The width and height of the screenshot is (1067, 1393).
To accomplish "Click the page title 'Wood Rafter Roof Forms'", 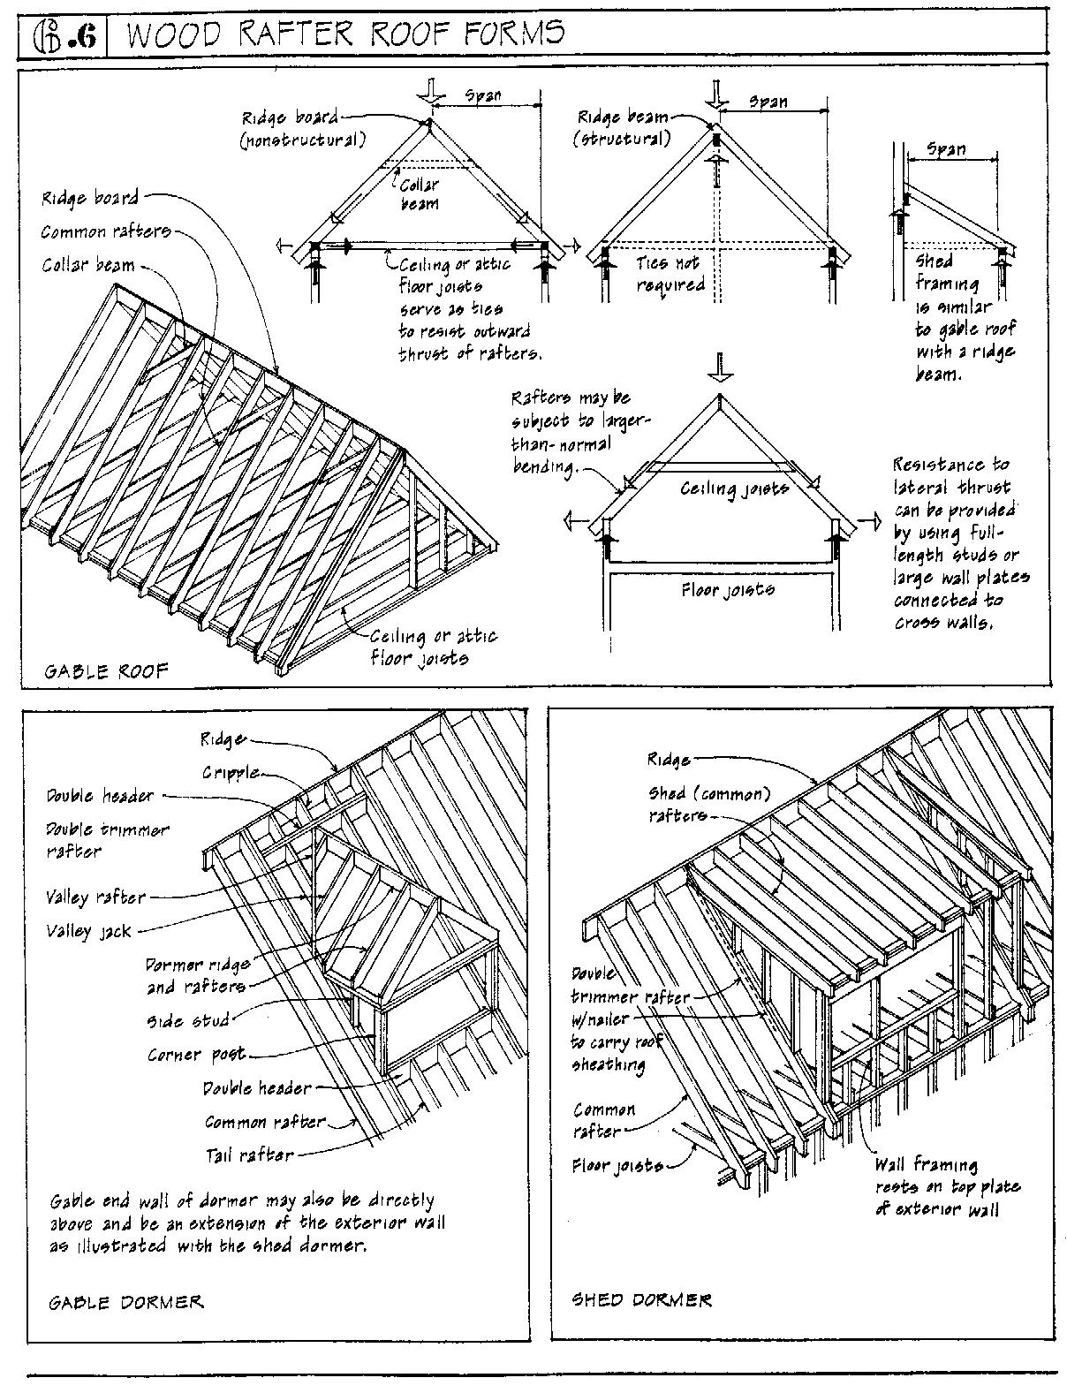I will [345, 33].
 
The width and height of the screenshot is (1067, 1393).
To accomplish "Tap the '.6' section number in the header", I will [86, 37].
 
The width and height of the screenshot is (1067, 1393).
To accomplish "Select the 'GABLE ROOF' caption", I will [106, 671].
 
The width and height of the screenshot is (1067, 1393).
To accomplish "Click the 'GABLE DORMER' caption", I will [125, 1302].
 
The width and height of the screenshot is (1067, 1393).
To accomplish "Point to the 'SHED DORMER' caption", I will [641, 1299].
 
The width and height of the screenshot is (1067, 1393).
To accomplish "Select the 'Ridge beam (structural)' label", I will [623, 127].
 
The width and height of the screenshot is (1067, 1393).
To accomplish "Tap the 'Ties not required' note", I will [670, 274].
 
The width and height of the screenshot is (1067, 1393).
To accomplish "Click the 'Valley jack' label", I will [88, 931].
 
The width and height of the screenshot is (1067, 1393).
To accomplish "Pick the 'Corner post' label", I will [196, 1055].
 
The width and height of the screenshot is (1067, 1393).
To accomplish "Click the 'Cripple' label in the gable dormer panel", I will [231, 772].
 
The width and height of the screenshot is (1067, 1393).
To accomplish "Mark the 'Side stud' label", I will [187, 1021].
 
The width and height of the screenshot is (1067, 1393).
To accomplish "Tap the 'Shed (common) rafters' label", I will [708, 805].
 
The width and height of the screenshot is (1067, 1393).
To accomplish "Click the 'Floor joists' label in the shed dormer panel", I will [617, 1166].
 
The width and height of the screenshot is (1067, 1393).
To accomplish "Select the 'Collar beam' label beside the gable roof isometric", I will [88, 265].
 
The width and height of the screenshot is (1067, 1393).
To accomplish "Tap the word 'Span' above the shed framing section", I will [948, 149].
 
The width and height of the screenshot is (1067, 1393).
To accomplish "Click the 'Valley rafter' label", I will [95, 897].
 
